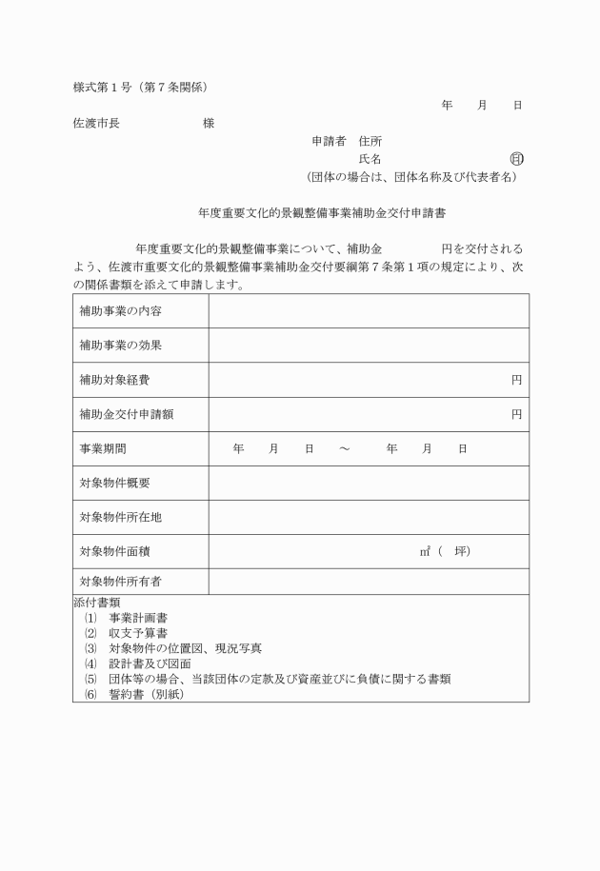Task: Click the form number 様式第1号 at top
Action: click(x=102, y=88)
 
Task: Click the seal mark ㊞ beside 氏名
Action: click(x=516, y=159)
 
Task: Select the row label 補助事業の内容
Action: click(x=121, y=311)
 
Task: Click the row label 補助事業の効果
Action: click(x=121, y=346)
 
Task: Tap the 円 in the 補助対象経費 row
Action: click(x=516, y=380)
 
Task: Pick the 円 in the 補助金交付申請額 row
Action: click(x=516, y=414)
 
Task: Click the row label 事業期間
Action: click(x=102, y=448)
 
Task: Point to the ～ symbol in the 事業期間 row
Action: click(x=344, y=448)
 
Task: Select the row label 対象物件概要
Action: click(x=114, y=483)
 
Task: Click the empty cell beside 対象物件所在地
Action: click(x=369, y=517)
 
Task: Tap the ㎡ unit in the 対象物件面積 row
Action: click(x=425, y=551)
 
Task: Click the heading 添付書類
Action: click(x=96, y=603)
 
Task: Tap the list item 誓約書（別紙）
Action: click(x=145, y=694)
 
